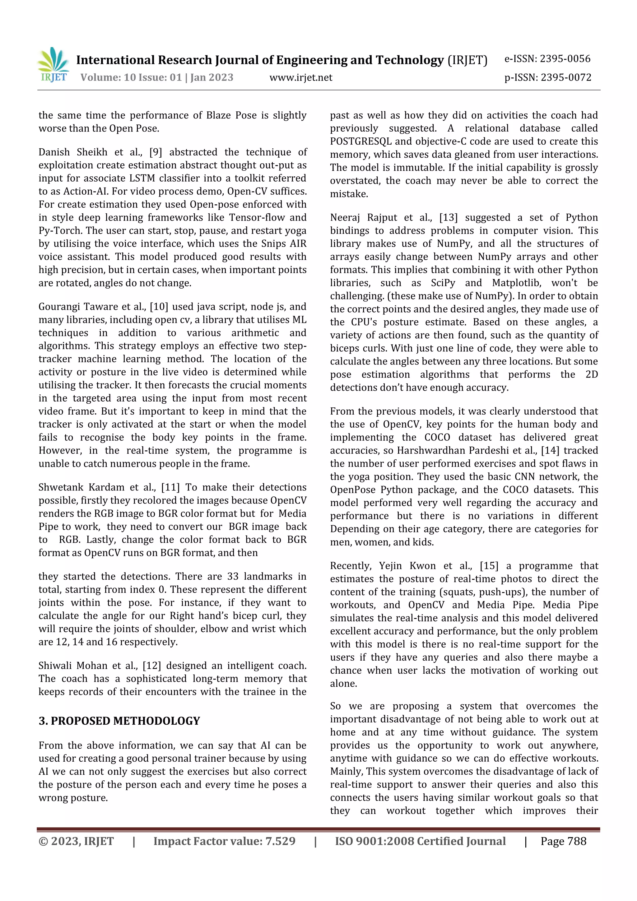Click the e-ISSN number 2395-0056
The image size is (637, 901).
click(565, 59)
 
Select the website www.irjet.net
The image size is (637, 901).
click(301, 77)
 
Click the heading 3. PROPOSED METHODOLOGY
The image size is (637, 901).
click(119, 721)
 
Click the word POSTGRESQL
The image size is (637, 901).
click(361, 141)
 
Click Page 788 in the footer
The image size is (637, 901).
click(563, 841)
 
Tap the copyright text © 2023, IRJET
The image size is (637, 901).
click(76, 841)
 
